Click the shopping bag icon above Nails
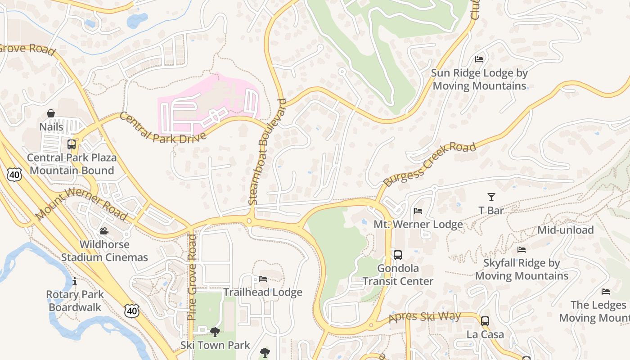click(x=51, y=113)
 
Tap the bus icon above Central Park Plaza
click(x=71, y=144)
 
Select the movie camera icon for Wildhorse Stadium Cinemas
click(x=104, y=231)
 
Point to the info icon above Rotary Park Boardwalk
click(x=75, y=282)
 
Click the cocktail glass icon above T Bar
click(x=491, y=197)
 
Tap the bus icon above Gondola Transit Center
click(x=398, y=255)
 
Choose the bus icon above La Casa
click(x=485, y=321)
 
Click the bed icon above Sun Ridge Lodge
click(x=479, y=59)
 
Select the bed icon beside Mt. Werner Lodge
click(x=418, y=211)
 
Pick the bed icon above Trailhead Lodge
click(x=263, y=279)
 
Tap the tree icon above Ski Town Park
click(x=215, y=332)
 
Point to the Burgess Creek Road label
click(x=429, y=165)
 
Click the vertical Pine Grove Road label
click(x=192, y=277)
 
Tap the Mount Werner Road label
click(x=81, y=204)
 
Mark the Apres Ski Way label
click(x=425, y=317)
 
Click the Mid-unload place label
click(x=566, y=230)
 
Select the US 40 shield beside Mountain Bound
click(x=14, y=175)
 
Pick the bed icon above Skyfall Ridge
click(x=521, y=250)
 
